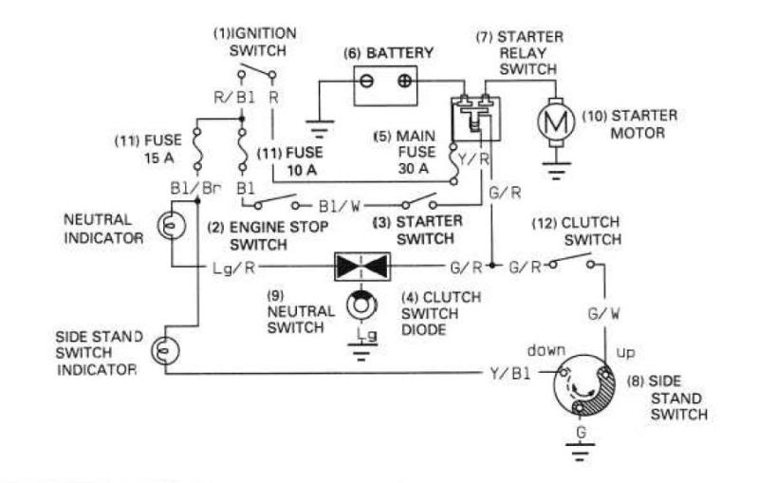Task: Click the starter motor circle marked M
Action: point(553,121)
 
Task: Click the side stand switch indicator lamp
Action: point(163,352)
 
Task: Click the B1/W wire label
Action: point(339,204)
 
